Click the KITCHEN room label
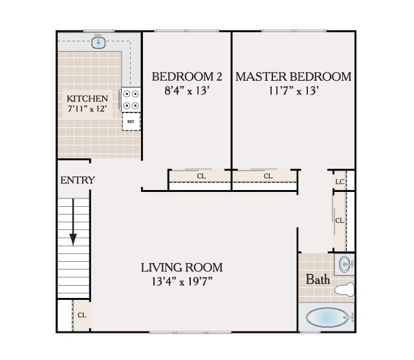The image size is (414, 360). click(x=87, y=98)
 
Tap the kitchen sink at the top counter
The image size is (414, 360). click(x=99, y=43)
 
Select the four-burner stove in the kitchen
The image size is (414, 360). click(x=131, y=100)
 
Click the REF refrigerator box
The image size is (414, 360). click(x=131, y=121)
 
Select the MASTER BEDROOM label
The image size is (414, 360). click(x=293, y=77)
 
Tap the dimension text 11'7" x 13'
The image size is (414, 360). click(x=293, y=90)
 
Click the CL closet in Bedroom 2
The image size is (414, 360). click(x=201, y=176)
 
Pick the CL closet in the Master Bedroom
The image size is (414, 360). click(x=268, y=176)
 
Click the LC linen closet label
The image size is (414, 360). click(x=340, y=182)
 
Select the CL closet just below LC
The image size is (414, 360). click(x=340, y=220)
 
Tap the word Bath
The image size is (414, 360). click(x=318, y=280)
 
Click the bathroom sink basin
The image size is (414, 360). click(x=345, y=264)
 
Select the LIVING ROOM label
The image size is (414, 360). click(x=182, y=267)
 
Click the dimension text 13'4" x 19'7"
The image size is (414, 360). click(x=182, y=281)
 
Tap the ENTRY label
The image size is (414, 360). click(x=78, y=180)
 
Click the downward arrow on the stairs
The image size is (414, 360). click(x=73, y=223)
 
